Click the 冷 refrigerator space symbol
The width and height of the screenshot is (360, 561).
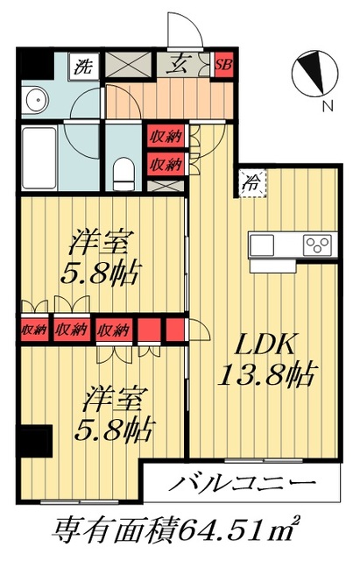point(250,183)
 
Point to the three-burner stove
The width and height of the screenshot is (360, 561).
point(315,243)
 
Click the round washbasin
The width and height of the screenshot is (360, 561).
point(35,99)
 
